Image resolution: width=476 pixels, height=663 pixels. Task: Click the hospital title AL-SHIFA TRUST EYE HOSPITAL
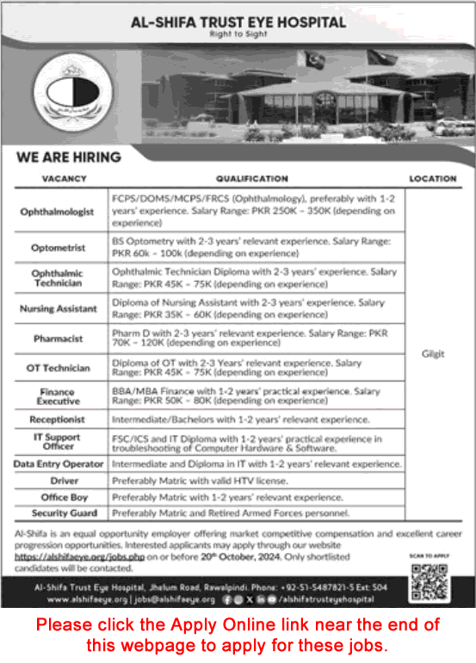(237, 21)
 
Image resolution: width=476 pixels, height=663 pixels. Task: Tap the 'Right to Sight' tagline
(237, 36)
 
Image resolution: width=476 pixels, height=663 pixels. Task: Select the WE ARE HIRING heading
(68, 157)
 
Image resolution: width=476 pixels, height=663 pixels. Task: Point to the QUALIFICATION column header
(251, 179)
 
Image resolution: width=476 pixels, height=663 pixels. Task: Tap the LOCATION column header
(433, 179)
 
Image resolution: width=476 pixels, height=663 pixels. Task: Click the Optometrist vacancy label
(59, 248)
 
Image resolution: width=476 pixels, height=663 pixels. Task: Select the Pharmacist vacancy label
(59, 339)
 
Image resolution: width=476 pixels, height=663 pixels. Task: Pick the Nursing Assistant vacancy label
(59, 309)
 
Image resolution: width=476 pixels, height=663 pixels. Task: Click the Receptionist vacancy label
(59, 421)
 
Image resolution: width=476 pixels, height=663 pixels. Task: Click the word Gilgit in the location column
(433, 353)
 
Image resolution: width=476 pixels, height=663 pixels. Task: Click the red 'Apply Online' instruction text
(238, 633)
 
